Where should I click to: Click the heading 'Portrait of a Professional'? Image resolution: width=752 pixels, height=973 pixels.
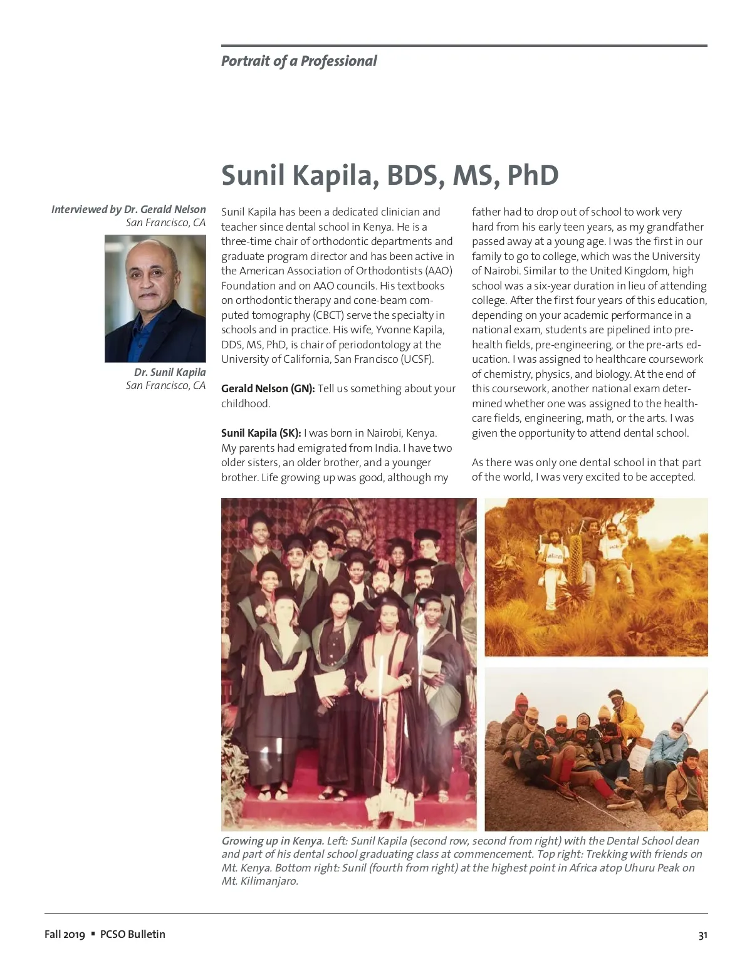click(x=299, y=61)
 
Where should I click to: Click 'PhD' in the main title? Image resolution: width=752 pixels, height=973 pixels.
click(x=532, y=175)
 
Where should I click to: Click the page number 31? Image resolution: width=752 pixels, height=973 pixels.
click(x=702, y=935)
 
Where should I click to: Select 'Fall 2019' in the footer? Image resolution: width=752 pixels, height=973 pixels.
click(x=65, y=934)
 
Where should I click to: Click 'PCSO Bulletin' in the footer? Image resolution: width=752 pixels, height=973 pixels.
click(x=133, y=934)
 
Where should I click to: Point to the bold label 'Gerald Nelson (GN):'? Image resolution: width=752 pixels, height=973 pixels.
click(x=268, y=388)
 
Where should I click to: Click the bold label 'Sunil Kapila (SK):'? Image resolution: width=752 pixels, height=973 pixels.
click(x=261, y=433)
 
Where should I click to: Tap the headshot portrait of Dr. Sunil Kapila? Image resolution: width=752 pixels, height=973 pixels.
click(x=155, y=299)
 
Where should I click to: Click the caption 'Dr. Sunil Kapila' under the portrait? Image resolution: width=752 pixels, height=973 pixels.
click(x=169, y=372)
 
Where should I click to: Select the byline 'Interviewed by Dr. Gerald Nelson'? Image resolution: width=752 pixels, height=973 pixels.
click(x=128, y=209)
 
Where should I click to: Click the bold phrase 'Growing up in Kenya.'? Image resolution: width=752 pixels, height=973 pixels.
click(x=273, y=841)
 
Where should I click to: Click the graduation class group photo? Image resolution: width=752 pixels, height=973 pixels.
click(x=348, y=664)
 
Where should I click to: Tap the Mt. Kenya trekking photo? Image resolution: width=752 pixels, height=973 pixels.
click(x=596, y=577)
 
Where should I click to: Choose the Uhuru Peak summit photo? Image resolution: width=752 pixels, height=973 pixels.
click(x=596, y=749)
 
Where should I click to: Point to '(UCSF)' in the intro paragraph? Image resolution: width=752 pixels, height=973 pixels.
click(x=417, y=359)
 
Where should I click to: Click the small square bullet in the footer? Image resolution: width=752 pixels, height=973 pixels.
click(x=93, y=934)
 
